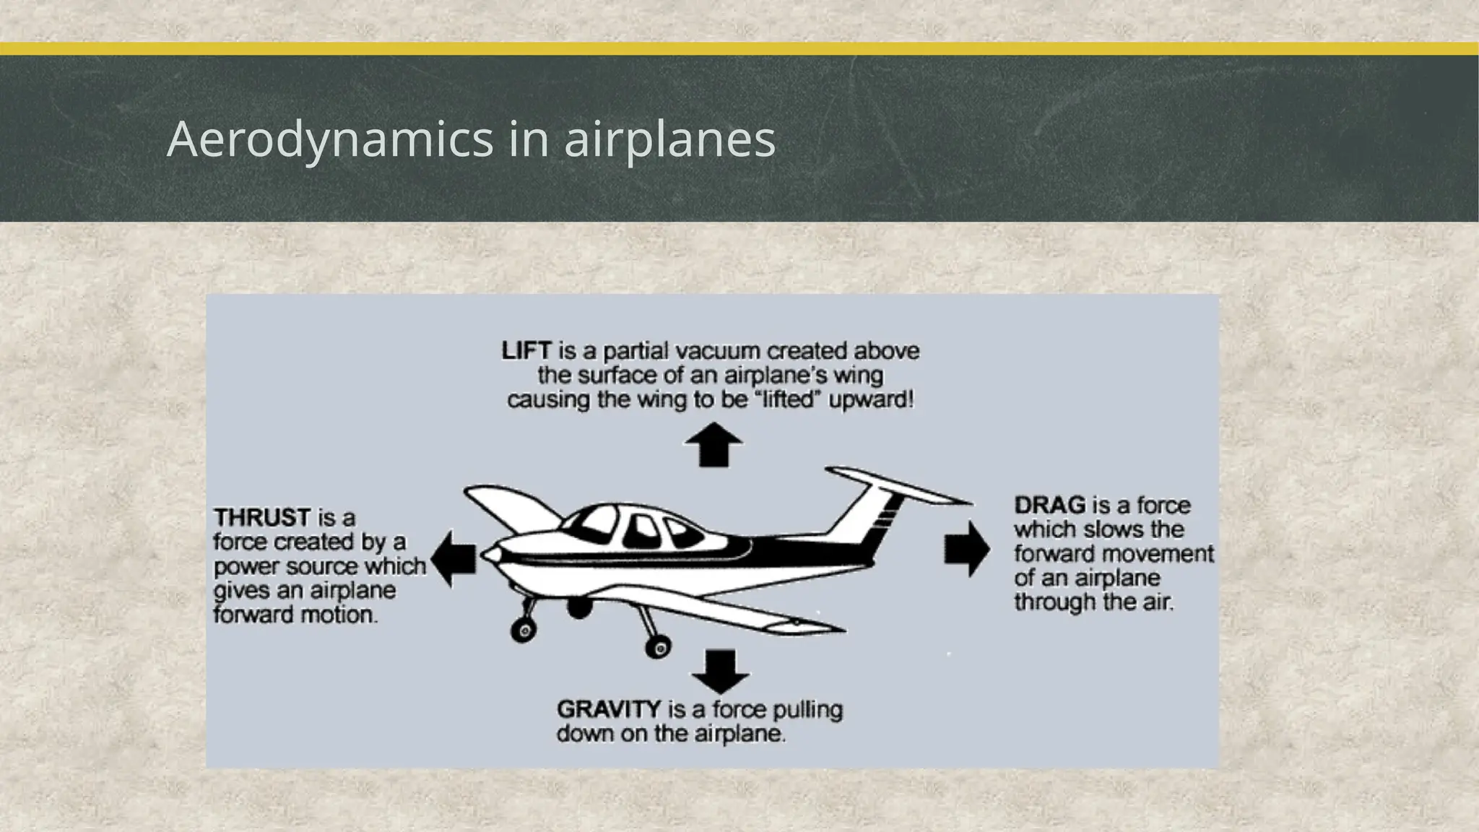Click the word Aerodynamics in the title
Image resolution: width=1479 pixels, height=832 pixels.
coord(330,139)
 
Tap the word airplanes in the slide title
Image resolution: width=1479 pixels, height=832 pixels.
coord(669,139)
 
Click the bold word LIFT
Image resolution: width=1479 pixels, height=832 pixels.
coord(526,351)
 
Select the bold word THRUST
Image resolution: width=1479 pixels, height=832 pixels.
coord(261,518)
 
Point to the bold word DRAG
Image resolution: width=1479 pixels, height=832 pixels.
coord(1049,505)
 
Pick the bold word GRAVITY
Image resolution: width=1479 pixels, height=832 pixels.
coord(608,709)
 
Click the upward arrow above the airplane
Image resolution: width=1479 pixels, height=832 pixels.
coord(714,444)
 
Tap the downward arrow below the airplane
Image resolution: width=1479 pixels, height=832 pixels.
coord(720,671)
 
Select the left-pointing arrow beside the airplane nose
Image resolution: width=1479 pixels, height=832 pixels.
coord(454,558)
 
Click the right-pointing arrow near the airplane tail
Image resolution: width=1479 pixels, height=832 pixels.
coord(966,550)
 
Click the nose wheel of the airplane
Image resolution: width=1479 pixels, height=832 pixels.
coord(524,630)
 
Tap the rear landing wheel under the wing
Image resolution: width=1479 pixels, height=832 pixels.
coord(658,646)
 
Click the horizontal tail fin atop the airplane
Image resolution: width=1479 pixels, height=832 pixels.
coord(895,485)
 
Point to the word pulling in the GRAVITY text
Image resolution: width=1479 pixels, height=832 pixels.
coord(807,709)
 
